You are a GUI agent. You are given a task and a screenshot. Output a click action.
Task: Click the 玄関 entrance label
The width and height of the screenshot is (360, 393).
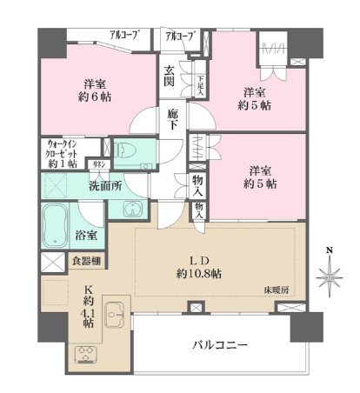coord(169,77)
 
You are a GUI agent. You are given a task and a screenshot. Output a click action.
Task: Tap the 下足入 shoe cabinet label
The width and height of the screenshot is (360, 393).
coord(200,83)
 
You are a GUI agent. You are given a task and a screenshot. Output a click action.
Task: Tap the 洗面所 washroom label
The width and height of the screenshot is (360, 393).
coord(107,185)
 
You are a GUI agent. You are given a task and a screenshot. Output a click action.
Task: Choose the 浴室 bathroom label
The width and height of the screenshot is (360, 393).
coord(85,235)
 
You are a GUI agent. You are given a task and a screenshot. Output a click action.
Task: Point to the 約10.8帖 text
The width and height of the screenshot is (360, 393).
coord(199,273)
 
